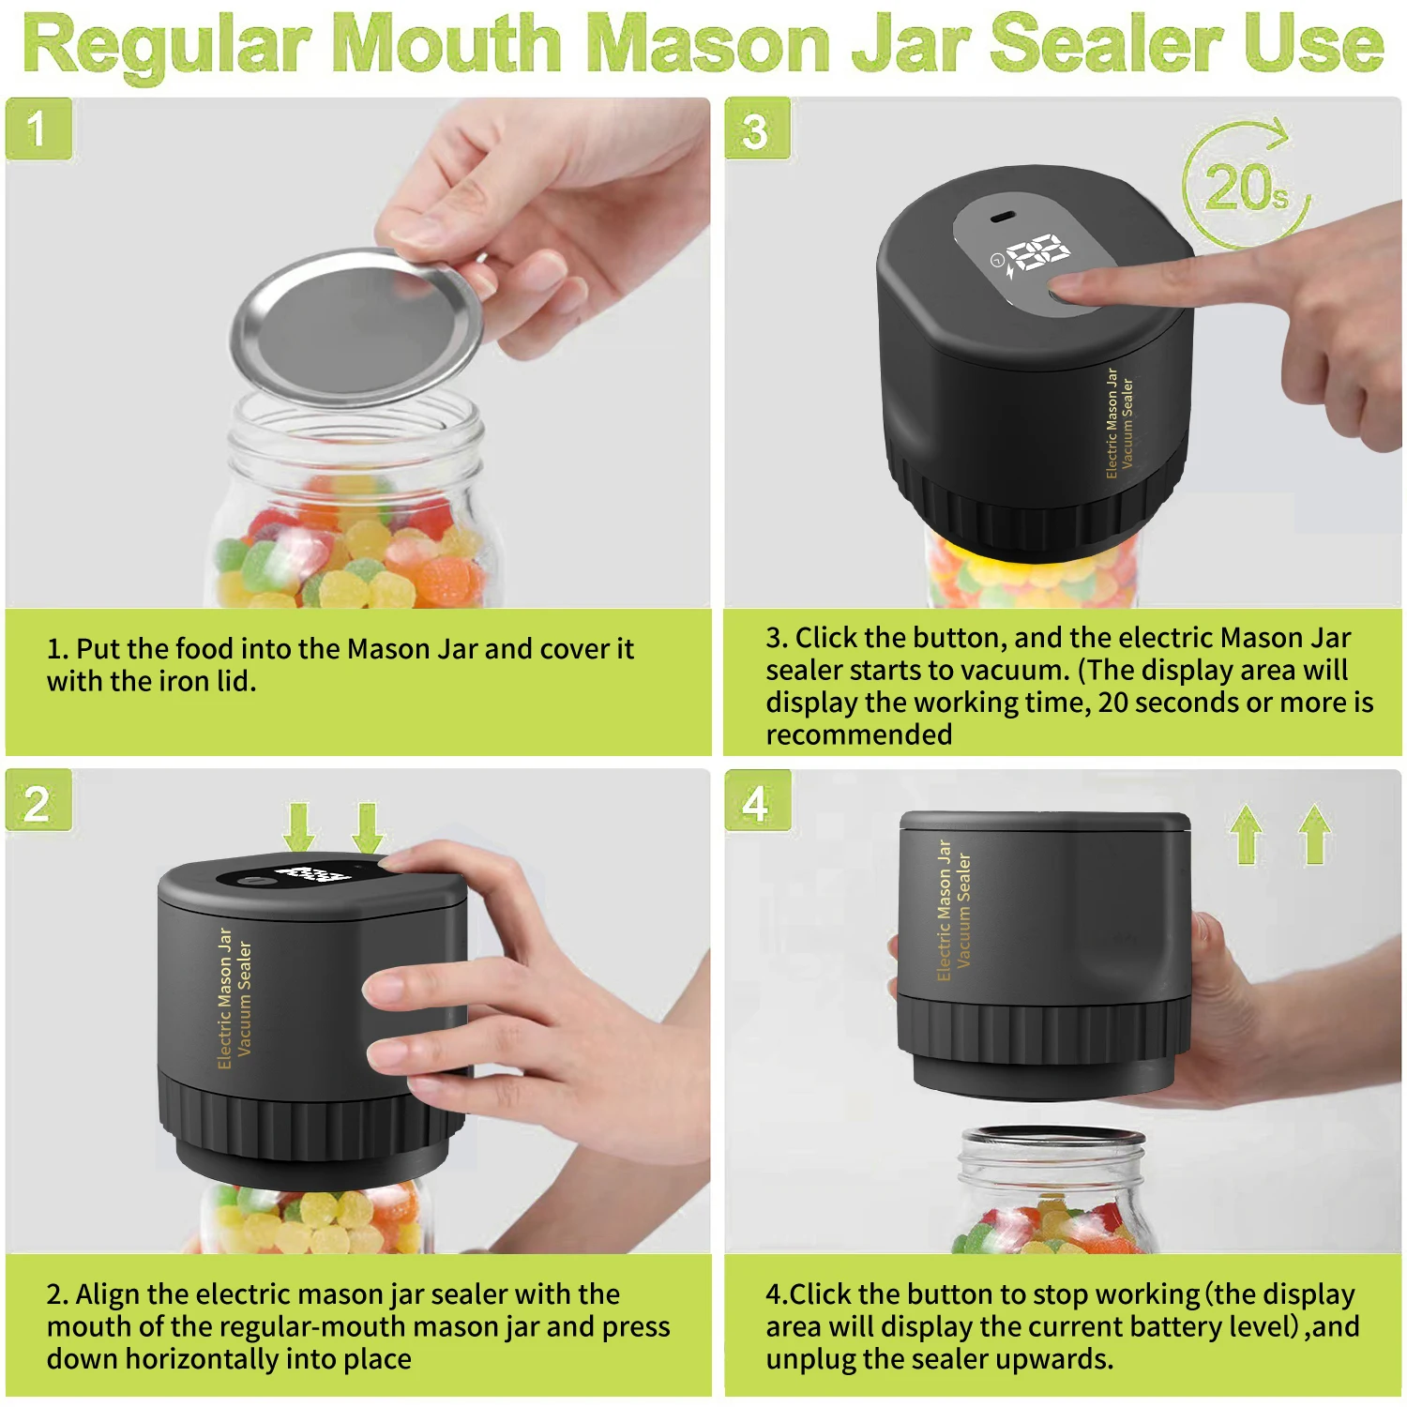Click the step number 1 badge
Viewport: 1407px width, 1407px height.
coord(38,129)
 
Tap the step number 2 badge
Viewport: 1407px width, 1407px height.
coord(38,802)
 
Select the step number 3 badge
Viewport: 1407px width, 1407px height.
coord(757,130)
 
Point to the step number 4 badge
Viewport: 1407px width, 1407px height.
coord(757,802)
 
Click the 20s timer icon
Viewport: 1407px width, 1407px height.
coord(1246,186)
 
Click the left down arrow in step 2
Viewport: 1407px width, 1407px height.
coord(299,826)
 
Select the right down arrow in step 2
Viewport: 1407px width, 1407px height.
coord(368,826)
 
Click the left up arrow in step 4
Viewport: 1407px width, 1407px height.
coord(1247,834)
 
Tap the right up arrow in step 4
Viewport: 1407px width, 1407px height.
coord(1315,834)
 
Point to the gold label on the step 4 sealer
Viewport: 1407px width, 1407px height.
coord(954,911)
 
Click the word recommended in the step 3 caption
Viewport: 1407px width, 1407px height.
coord(858,734)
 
